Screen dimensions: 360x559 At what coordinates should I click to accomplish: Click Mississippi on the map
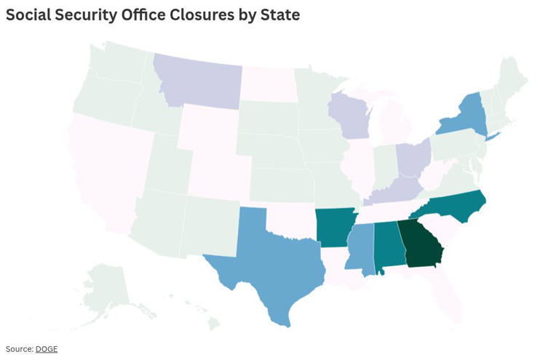click(x=362, y=249)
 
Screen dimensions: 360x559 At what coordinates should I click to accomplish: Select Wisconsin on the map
click(x=348, y=114)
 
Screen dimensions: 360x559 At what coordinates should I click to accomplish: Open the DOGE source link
click(x=47, y=350)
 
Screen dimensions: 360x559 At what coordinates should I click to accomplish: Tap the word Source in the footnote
click(x=19, y=350)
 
